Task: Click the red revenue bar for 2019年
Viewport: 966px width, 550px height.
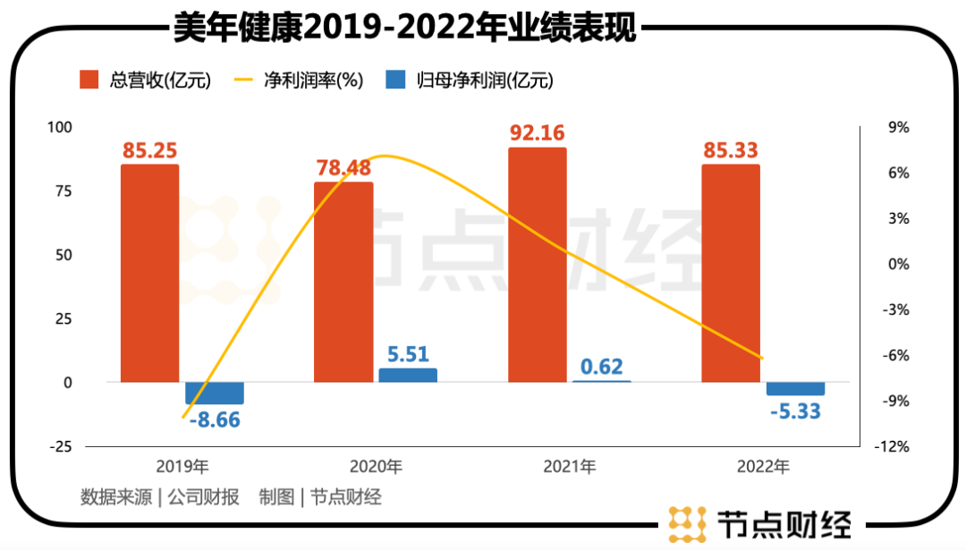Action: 149,273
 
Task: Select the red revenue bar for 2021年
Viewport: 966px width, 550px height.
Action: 538,265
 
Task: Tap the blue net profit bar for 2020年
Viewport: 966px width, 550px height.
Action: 408,376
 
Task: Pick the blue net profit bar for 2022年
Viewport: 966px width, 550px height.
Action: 795,389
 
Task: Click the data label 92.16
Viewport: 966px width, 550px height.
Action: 538,133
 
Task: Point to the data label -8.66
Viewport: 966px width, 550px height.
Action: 215,419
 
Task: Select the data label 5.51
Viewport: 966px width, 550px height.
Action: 408,353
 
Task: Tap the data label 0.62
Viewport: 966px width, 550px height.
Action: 601,366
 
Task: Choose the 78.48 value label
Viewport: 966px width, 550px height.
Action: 344,168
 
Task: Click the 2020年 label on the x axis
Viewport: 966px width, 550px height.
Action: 376,467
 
